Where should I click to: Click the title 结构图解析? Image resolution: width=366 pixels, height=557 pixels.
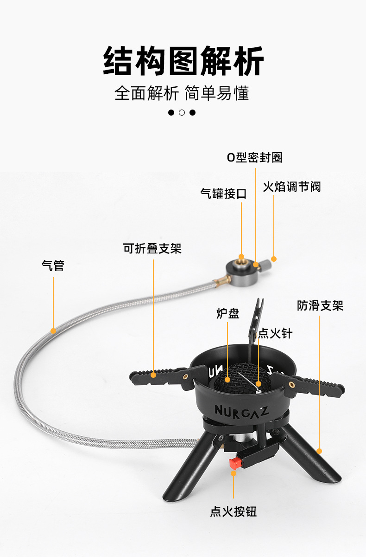(x=183, y=61)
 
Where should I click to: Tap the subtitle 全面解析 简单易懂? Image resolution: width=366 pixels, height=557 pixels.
(x=182, y=93)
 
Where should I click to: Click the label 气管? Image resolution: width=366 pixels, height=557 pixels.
(x=53, y=266)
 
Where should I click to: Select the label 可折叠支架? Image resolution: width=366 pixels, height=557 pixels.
(x=152, y=249)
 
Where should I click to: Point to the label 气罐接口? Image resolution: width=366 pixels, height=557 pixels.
(x=223, y=194)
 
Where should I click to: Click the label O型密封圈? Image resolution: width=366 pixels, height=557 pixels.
(x=254, y=157)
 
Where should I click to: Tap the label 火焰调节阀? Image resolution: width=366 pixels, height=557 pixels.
(x=292, y=187)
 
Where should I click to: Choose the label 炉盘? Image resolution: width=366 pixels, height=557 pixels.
(x=227, y=313)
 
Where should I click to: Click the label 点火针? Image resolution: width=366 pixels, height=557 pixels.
(x=275, y=333)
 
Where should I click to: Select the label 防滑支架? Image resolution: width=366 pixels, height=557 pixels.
(x=320, y=306)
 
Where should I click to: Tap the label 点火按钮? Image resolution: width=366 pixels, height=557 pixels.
(x=233, y=512)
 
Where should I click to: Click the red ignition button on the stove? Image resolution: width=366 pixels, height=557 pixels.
(x=235, y=462)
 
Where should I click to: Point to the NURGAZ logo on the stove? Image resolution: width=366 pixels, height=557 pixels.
(x=240, y=410)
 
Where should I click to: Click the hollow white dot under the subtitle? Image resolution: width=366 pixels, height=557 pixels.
(x=182, y=112)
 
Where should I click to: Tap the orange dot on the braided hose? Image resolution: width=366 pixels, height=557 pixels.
(x=53, y=331)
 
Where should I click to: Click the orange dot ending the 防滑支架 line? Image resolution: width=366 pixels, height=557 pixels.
(x=319, y=451)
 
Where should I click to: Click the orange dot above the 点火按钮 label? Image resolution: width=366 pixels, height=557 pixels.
(x=233, y=473)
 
